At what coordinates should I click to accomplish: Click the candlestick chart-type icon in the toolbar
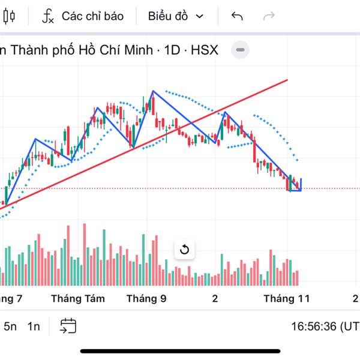[8, 17]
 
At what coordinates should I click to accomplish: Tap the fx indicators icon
[48, 16]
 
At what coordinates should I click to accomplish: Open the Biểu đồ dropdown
[175, 16]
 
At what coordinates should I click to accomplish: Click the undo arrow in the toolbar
[237, 16]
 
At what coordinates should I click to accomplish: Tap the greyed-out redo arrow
[269, 16]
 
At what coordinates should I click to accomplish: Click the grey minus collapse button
[240, 50]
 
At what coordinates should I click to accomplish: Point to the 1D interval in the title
[172, 50]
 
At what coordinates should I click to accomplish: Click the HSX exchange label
[205, 50]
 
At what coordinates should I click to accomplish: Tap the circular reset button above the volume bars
[184, 250]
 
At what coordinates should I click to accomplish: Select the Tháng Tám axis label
[78, 298]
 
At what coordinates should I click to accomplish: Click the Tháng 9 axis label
[146, 298]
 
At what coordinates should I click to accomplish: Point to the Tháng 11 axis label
[287, 298]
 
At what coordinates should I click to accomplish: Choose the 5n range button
[10, 326]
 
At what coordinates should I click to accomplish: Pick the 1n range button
[34, 326]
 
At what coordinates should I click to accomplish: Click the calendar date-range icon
[68, 326]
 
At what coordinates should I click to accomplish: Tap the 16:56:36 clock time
[314, 327]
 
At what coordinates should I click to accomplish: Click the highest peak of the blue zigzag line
[153, 91]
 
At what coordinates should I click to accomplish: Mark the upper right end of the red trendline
[287, 80]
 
